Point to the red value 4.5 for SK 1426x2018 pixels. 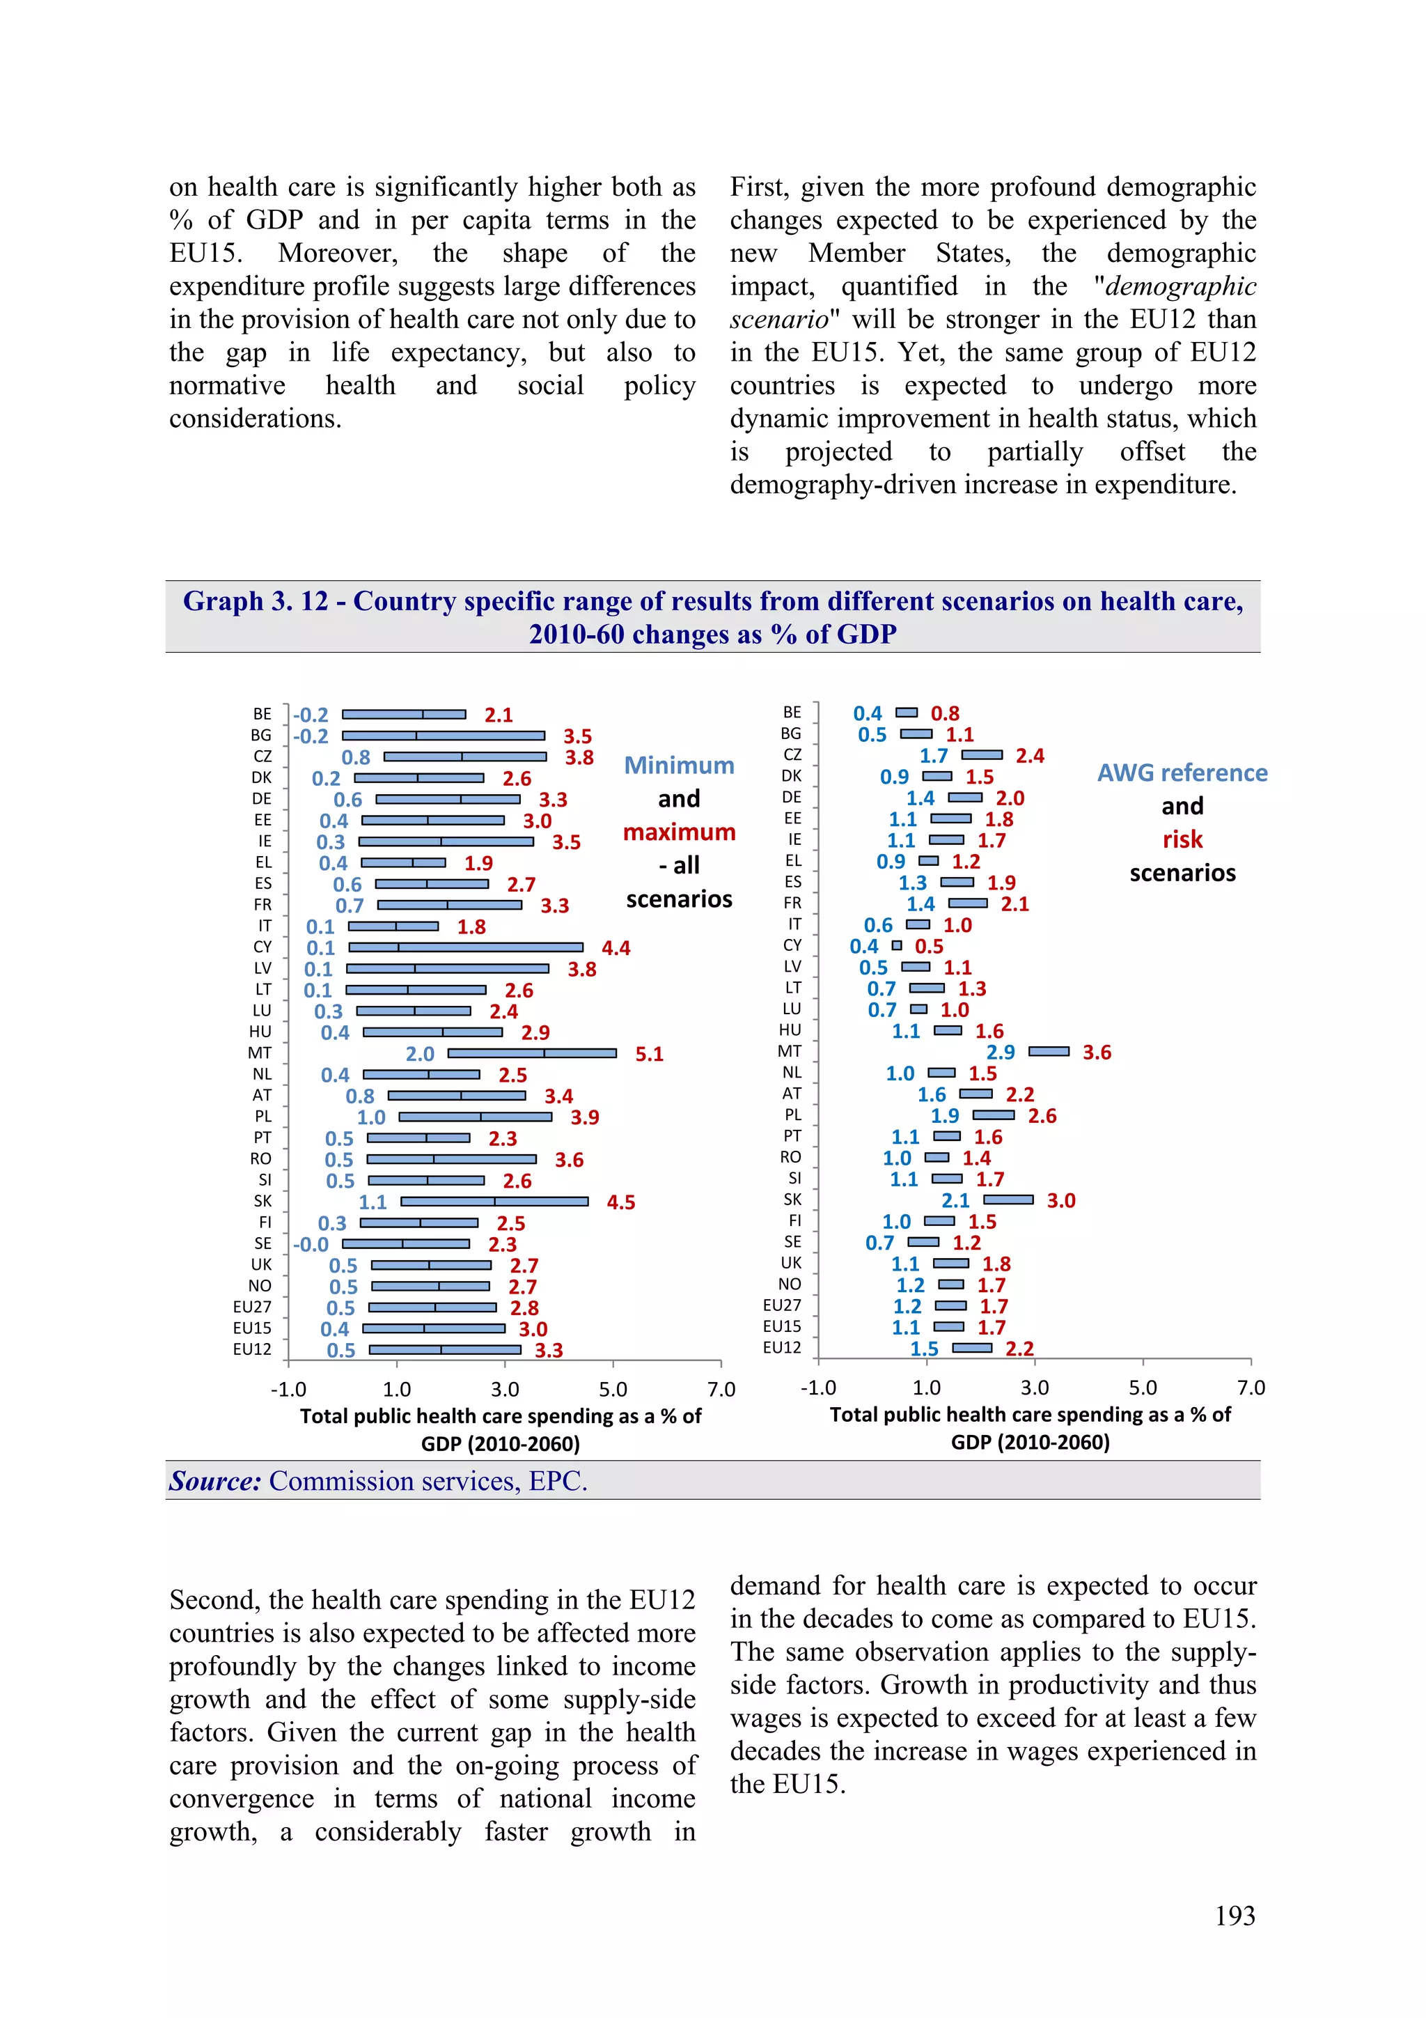[620, 1202]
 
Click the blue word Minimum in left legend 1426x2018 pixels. [679, 766]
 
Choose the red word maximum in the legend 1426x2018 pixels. [679, 832]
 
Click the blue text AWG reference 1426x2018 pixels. [1182, 773]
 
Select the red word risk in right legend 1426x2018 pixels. [1182, 840]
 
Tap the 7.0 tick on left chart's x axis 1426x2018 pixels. [721, 1390]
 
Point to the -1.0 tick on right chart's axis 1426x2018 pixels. [818, 1388]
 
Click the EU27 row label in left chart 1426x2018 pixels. [252, 1307]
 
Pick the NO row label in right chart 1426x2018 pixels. [789, 1284]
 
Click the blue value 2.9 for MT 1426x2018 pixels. [1000, 1052]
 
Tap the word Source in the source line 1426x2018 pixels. [215, 1482]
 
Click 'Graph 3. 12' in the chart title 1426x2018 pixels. [255, 601]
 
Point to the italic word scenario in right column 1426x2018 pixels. [778, 319]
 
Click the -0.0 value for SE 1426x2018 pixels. [311, 1245]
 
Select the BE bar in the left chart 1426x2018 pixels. [403, 715]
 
